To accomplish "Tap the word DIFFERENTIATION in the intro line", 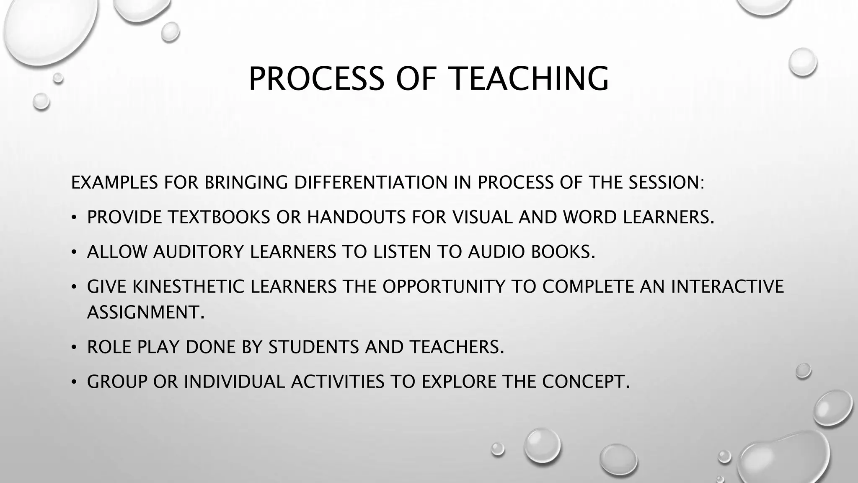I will (370, 182).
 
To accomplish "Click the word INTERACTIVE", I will (727, 286).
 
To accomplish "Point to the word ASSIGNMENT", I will (145, 312).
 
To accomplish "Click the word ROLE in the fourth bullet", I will (109, 347).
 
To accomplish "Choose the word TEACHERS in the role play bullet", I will (456, 347).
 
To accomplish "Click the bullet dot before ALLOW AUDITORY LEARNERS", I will (74, 252).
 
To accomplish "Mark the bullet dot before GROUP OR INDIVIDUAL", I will (74, 382).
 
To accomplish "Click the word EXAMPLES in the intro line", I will (114, 182).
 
